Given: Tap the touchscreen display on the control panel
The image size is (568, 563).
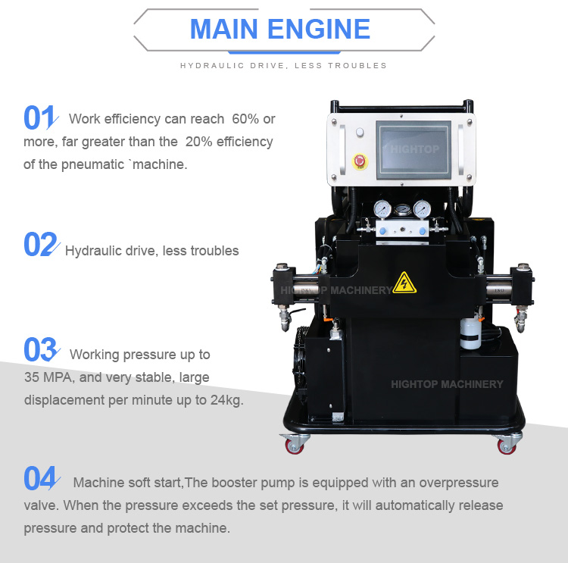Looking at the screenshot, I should click(414, 149).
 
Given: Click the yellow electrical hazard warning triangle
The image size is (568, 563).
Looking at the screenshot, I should click(404, 283).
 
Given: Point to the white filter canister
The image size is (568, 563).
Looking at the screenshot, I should click(471, 333).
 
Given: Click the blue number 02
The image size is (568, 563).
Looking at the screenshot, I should click(39, 245).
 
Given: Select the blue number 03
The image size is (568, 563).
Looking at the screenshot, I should click(39, 350).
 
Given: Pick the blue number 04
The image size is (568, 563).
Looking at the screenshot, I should click(39, 479).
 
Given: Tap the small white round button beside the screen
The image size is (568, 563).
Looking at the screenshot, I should click(359, 133).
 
